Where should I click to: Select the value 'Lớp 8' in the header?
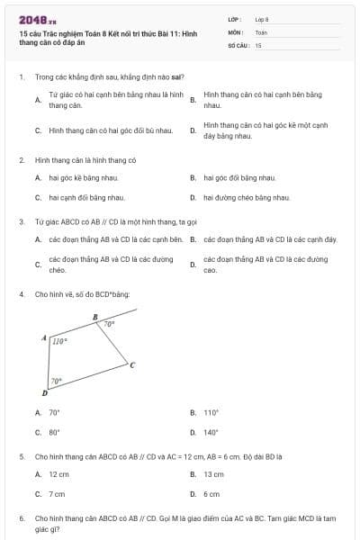(262, 18)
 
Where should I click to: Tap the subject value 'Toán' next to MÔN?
(261, 31)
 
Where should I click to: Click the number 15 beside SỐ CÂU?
(258, 44)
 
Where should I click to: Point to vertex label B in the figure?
(95, 316)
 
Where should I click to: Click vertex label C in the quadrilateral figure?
(132, 364)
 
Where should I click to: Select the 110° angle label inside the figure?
(59, 341)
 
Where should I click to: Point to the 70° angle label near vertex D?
(56, 381)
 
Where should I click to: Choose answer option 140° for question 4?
(211, 432)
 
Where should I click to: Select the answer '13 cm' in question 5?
(213, 473)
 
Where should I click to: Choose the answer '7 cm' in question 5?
(57, 494)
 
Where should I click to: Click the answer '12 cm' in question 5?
(58, 473)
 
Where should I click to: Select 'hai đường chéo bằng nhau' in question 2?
(247, 197)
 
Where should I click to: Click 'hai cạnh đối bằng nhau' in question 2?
(86, 197)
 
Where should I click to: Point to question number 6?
(21, 519)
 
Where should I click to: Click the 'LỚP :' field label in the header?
(236, 18)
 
